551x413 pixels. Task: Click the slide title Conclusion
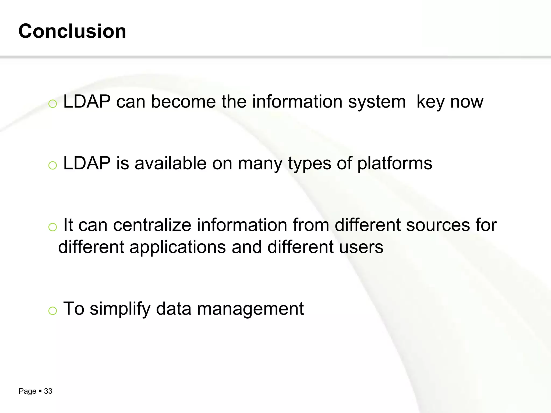[x=72, y=31]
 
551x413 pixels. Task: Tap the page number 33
[x=48, y=391]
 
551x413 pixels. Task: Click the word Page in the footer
[x=27, y=391]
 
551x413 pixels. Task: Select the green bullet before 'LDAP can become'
[x=52, y=104]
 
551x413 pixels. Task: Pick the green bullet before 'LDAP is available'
[x=52, y=165]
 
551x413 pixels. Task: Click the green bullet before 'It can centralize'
[x=52, y=227]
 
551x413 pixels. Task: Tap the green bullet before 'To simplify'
[x=52, y=311]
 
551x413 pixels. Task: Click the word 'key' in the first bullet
[x=430, y=102]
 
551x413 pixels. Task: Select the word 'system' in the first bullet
[x=377, y=102]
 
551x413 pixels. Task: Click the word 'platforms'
[x=395, y=164]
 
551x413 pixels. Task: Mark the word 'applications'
[x=178, y=247]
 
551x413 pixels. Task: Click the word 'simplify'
[x=120, y=309]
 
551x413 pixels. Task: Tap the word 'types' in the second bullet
[x=309, y=164]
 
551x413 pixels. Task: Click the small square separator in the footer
[x=40, y=391]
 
